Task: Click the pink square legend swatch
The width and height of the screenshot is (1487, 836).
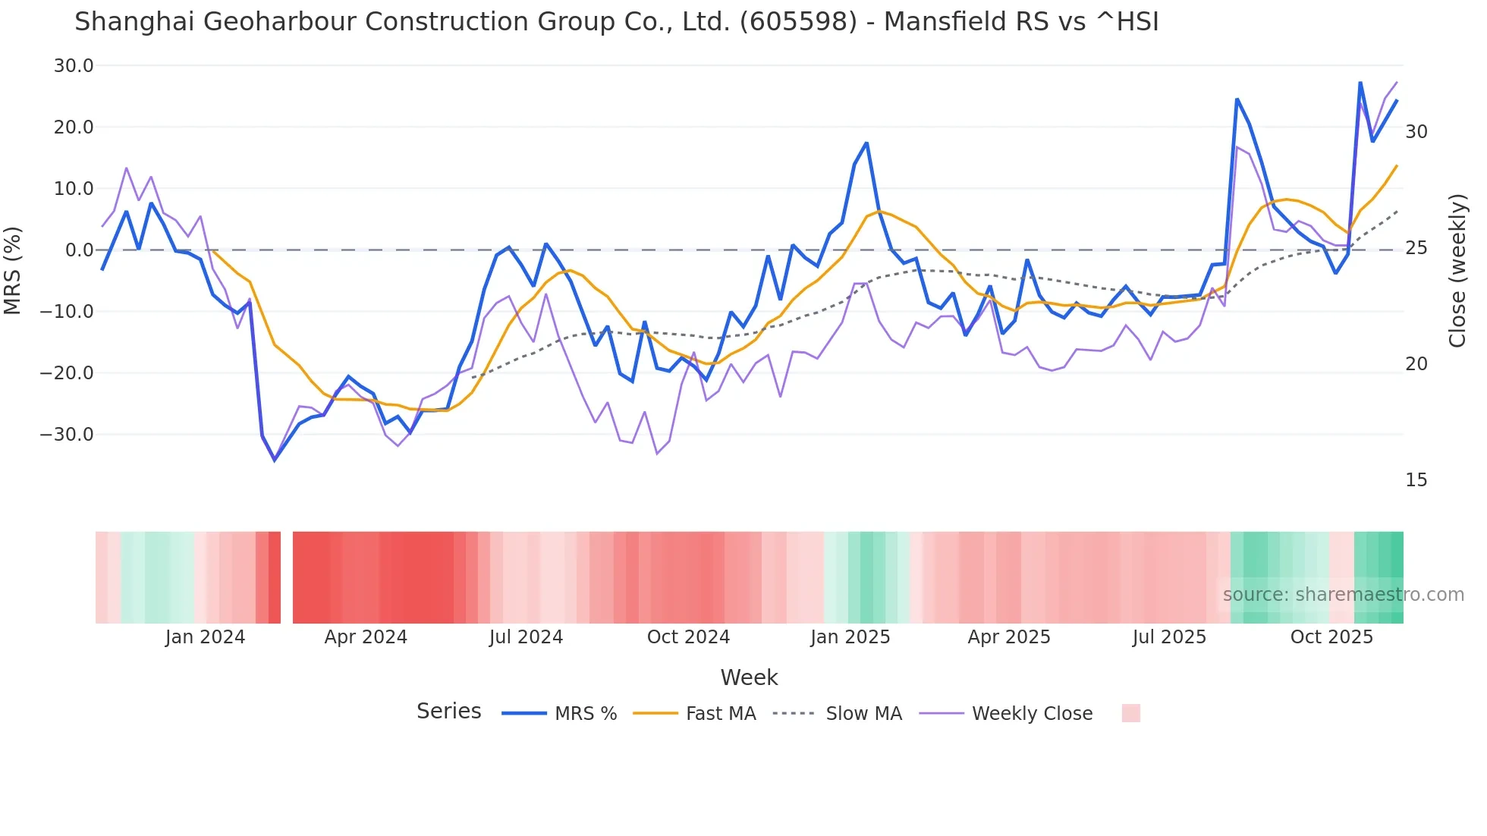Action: pyautogui.click(x=1130, y=713)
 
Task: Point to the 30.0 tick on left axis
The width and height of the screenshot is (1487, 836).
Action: pyautogui.click(x=74, y=66)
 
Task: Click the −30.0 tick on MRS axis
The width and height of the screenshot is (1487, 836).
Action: pyautogui.click(x=67, y=435)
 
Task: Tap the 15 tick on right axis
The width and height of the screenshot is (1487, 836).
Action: pyautogui.click(x=1416, y=480)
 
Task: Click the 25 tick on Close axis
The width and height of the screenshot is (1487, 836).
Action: pyautogui.click(x=1416, y=248)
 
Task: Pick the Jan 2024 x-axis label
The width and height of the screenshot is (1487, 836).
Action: pyautogui.click(x=205, y=637)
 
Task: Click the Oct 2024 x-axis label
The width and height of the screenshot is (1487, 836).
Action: pyautogui.click(x=688, y=637)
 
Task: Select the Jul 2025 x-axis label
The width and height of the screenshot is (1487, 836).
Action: pyautogui.click(x=1169, y=637)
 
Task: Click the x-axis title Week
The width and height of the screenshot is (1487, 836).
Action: pyautogui.click(x=749, y=677)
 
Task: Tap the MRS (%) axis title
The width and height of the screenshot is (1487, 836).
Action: pyautogui.click(x=13, y=271)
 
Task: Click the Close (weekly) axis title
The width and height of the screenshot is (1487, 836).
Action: pyautogui.click(x=1457, y=271)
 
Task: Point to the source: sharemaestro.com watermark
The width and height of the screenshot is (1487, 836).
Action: pyautogui.click(x=1343, y=595)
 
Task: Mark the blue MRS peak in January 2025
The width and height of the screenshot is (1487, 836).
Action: pyautogui.click(x=866, y=143)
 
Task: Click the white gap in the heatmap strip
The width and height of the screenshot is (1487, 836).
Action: pyautogui.click(x=287, y=577)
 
